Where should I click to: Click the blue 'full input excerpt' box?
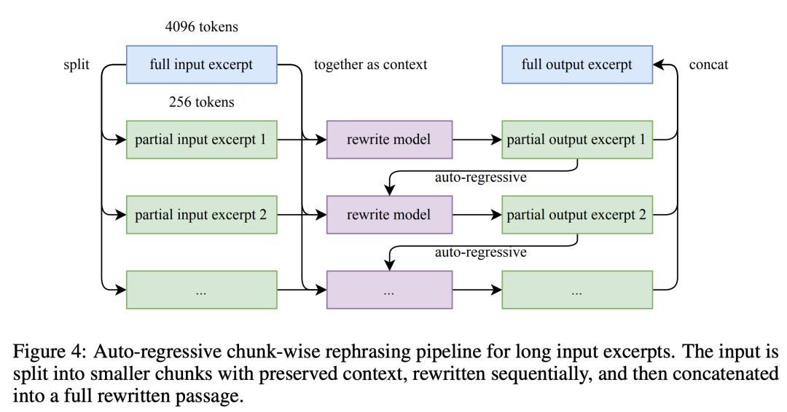point(201,65)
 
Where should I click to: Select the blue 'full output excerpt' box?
point(577,65)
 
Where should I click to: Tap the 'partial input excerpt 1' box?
point(201,140)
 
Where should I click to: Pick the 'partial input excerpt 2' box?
point(201,215)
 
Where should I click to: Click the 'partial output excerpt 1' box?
point(577,140)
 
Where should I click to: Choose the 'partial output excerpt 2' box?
point(577,215)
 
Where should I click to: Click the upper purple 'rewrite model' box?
point(389,140)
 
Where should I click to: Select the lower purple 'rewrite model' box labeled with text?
point(389,215)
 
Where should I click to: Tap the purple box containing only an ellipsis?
point(389,290)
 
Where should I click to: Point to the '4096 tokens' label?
point(201,26)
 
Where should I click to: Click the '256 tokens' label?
point(201,102)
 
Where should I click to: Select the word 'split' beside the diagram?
point(77,65)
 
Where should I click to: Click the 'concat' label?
point(708,65)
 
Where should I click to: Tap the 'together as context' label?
point(370,65)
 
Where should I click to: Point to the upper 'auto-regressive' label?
point(480,178)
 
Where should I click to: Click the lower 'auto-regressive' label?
point(480,252)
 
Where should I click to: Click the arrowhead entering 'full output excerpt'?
point(659,65)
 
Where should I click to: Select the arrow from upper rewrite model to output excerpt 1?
point(477,140)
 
